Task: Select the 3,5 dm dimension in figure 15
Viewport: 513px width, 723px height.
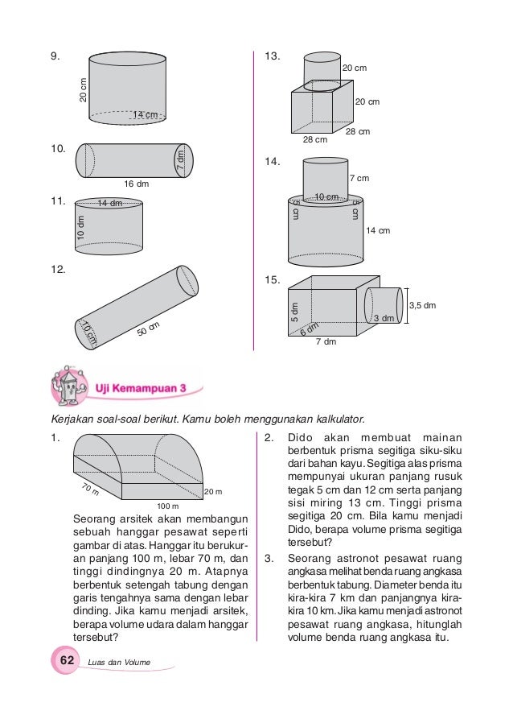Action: [x=423, y=305]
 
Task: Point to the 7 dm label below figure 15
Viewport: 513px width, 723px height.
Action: [x=325, y=342]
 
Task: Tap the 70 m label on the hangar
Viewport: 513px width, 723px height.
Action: [x=91, y=488]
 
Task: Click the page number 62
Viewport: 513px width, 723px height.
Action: [x=67, y=660]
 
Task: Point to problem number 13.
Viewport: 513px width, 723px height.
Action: [x=272, y=56]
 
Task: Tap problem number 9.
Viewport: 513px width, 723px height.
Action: [x=55, y=56]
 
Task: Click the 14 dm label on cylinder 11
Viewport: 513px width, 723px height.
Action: [x=109, y=204]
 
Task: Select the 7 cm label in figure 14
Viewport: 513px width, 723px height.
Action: [x=360, y=178]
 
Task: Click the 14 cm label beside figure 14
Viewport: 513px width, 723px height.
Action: [x=377, y=231]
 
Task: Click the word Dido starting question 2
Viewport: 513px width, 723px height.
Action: [x=302, y=439]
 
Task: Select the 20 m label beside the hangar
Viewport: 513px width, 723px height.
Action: [x=213, y=492]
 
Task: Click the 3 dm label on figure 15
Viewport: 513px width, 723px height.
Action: [x=384, y=319]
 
